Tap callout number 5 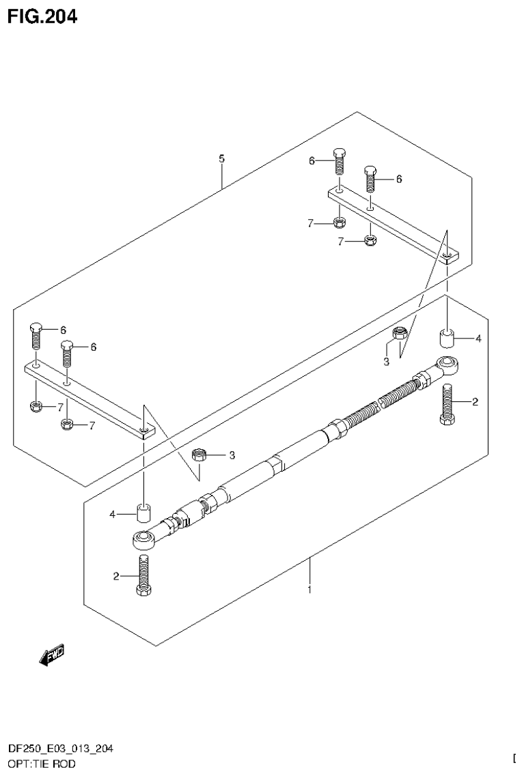pyautogui.click(x=221, y=158)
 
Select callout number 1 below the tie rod pyautogui.click(x=309, y=589)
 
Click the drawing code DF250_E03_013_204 pyautogui.click(x=61, y=749)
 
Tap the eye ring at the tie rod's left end pyautogui.click(x=143, y=540)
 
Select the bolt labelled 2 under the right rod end pyautogui.click(x=447, y=405)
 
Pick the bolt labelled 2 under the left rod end pyautogui.click(x=143, y=575)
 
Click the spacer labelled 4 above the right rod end pyautogui.click(x=447, y=339)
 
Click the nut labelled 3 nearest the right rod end pyautogui.click(x=401, y=334)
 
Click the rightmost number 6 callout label pyautogui.click(x=399, y=179)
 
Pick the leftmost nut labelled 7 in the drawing pyautogui.click(x=36, y=407)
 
